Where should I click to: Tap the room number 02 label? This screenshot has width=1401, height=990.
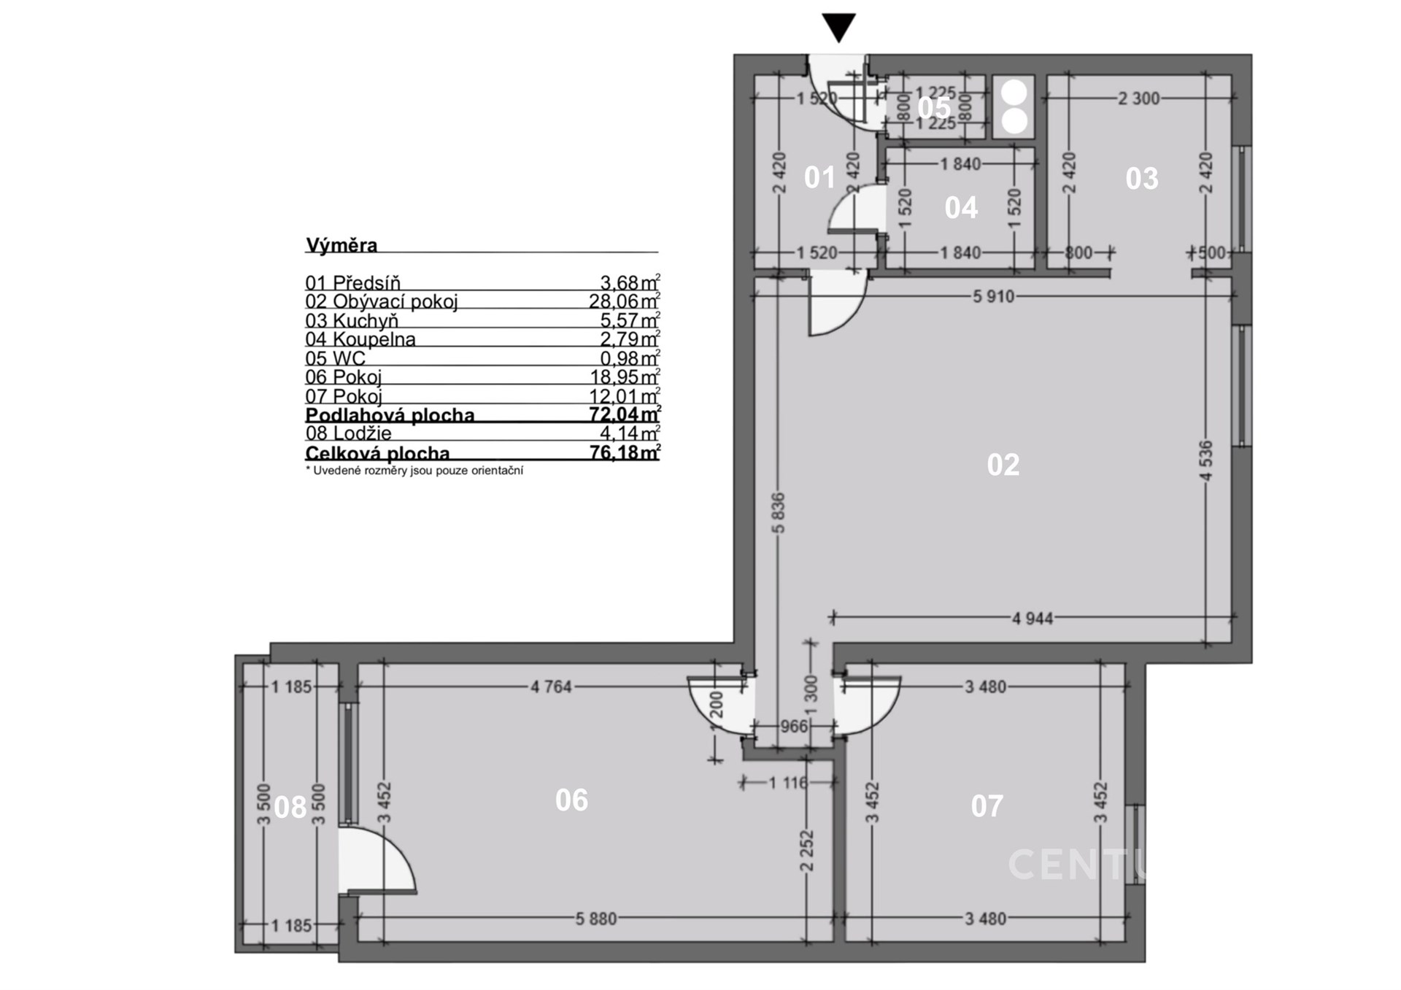(x=1003, y=465)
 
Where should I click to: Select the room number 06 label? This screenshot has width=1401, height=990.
(x=571, y=800)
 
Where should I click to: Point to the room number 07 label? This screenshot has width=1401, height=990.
(x=987, y=806)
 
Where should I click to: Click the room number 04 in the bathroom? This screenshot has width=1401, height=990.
(x=961, y=208)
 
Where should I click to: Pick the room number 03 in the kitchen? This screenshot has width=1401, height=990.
(x=1142, y=178)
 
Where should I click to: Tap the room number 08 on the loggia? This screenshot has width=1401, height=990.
(x=290, y=808)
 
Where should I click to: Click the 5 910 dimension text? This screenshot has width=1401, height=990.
(x=993, y=297)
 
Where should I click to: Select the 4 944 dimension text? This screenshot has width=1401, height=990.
(x=1033, y=619)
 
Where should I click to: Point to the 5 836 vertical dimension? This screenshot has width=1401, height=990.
(x=778, y=513)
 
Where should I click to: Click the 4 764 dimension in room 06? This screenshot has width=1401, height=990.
(x=551, y=687)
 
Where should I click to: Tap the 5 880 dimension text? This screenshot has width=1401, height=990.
(x=596, y=919)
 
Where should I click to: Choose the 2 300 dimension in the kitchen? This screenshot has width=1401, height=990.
(x=1139, y=98)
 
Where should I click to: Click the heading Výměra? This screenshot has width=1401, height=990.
(x=341, y=245)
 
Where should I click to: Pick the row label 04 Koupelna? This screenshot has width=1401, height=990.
(x=360, y=339)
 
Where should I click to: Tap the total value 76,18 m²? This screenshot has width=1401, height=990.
(x=625, y=452)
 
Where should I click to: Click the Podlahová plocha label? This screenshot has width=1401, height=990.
(x=390, y=415)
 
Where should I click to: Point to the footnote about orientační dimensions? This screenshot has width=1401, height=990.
(x=414, y=471)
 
